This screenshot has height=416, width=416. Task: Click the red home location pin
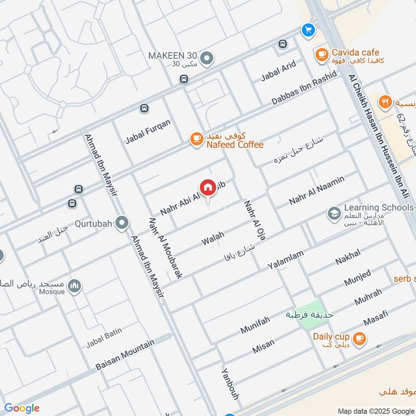[207, 188]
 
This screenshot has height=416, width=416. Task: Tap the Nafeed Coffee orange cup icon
[196, 138]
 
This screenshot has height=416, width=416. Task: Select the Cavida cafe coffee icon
[321, 53]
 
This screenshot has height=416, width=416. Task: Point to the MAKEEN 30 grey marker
[207, 58]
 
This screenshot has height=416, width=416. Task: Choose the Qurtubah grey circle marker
[122, 223]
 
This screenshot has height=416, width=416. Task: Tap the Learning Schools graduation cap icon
[334, 213]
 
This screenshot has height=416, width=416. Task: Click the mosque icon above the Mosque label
[75, 286]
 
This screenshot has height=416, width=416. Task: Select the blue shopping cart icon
[308, 30]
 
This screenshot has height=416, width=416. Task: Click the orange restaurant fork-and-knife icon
[385, 102]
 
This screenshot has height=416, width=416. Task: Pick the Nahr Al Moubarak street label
[165, 249]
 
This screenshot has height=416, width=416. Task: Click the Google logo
[22, 408]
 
